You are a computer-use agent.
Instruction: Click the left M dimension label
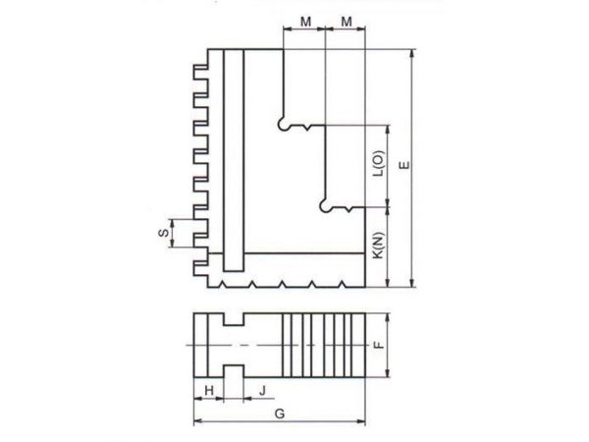point(305,22)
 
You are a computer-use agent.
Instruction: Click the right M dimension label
point(347,22)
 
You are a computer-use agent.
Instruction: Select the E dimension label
point(404,165)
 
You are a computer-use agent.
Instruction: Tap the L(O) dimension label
point(379,163)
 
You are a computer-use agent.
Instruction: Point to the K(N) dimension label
point(379,246)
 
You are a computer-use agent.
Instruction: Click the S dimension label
point(164,233)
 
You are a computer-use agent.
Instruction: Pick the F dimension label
point(380,345)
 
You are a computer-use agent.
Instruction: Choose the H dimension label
point(209,391)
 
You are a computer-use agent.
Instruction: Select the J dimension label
point(262,391)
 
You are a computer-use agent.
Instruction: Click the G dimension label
point(280,414)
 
